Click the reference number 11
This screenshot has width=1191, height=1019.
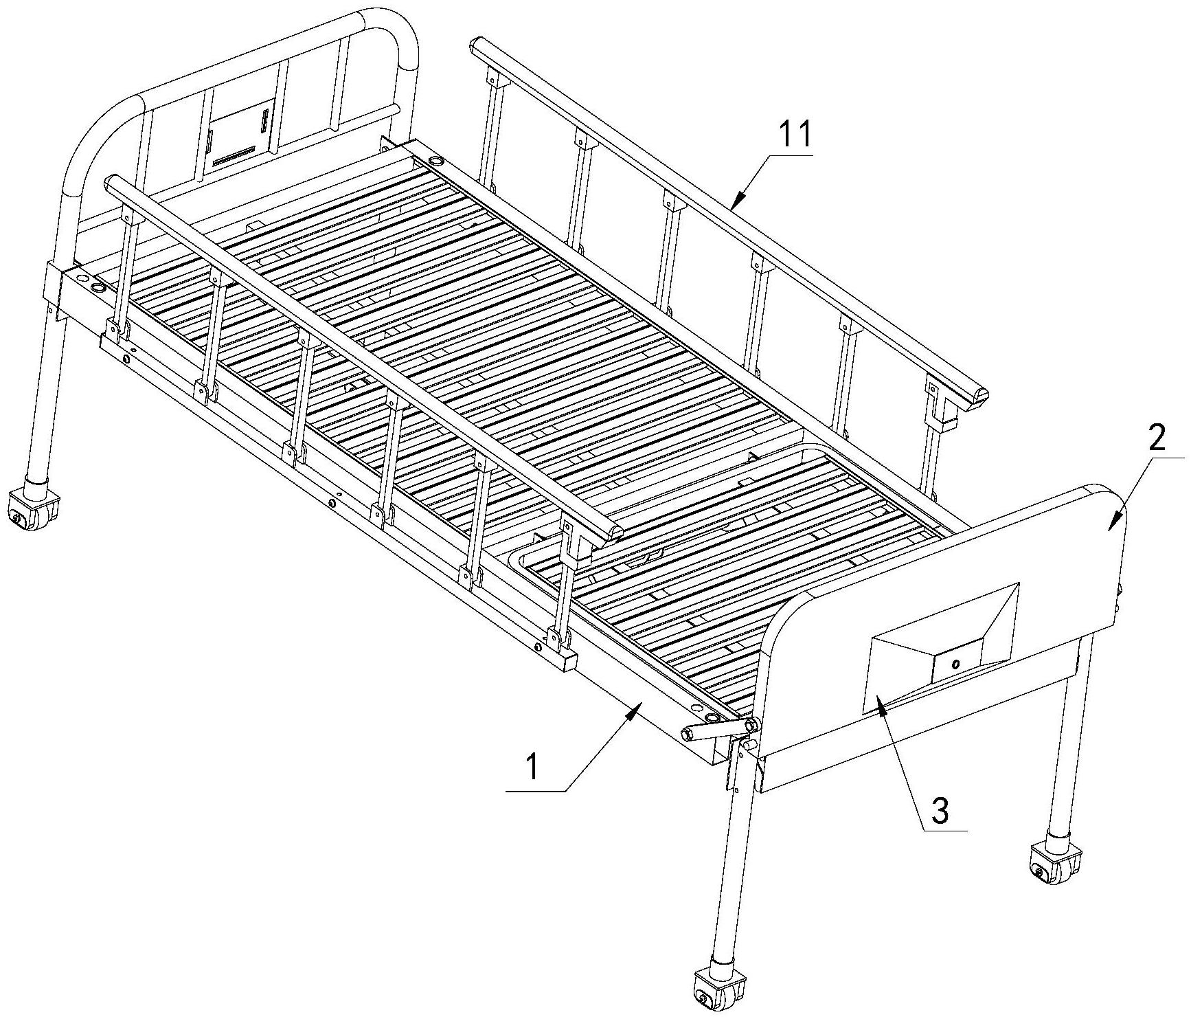point(795,135)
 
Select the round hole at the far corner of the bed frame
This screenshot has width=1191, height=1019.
point(436,161)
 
